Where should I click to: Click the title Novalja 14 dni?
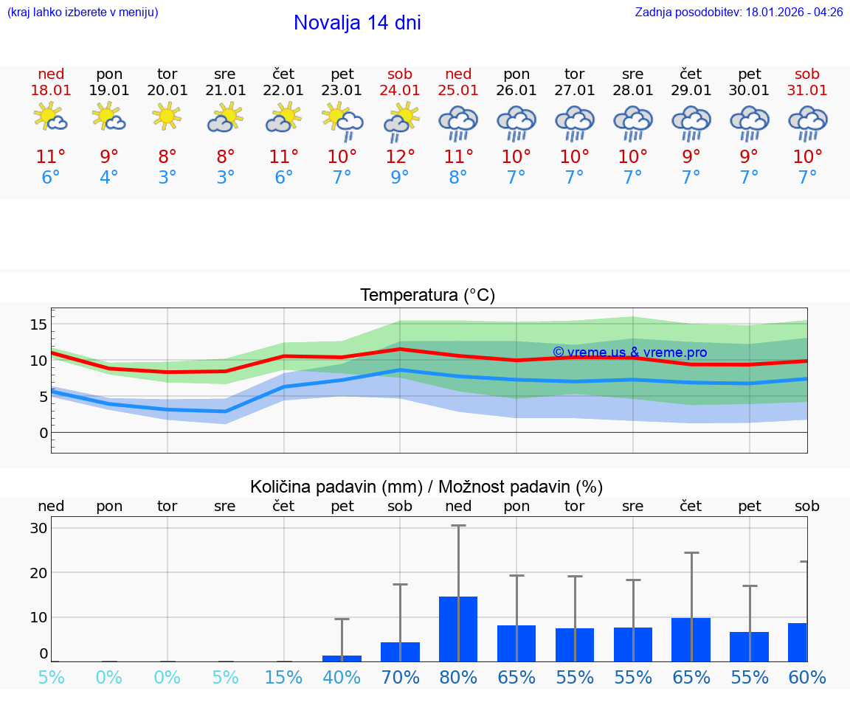[x=357, y=23]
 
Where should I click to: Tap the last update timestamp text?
[x=739, y=13]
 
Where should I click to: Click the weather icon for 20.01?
[x=167, y=117]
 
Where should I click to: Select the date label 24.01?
[x=400, y=91]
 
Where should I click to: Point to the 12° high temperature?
[x=400, y=157]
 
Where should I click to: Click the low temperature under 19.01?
[x=109, y=178]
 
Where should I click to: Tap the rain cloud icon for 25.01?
[x=458, y=122]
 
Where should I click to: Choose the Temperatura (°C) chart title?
[x=427, y=296]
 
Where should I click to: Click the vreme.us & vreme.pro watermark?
[x=629, y=352]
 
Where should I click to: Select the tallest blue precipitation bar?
[x=458, y=629]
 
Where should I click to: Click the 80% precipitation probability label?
[x=458, y=678]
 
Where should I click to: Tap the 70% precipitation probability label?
[x=400, y=678]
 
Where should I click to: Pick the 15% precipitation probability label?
[x=283, y=678]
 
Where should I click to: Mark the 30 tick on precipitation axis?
[x=38, y=529]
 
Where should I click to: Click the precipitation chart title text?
[x=426, y=487]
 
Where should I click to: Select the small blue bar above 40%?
[x=342, y=658]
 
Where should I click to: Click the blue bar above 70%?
[x=400, y=652]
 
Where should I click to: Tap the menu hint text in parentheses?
[x=83, y=13]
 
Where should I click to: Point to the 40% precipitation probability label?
[x=342, y=678]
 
